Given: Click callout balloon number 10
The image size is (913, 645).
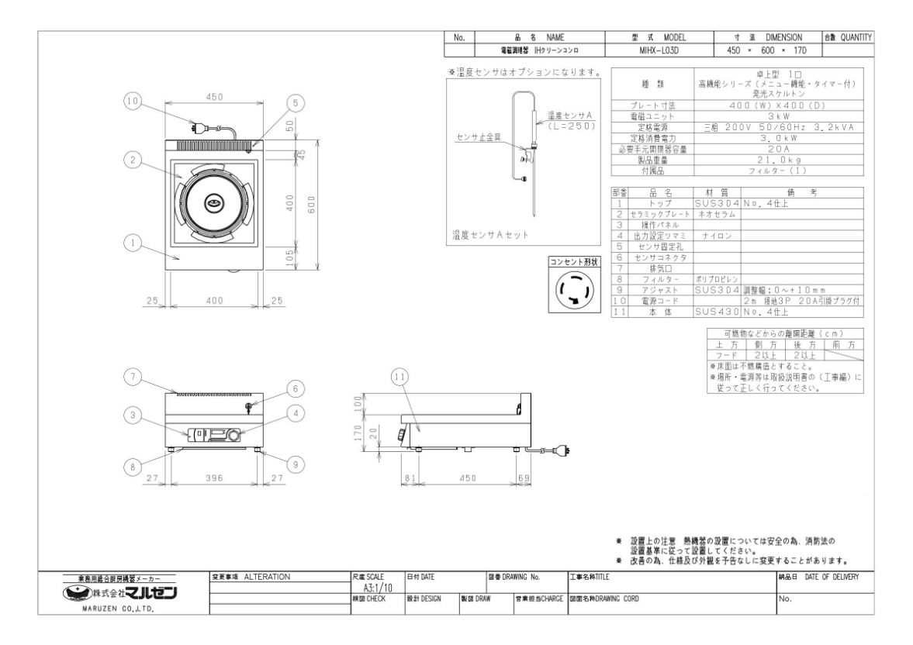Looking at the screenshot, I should click(x=133, y=102).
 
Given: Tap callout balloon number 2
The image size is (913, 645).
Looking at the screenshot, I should click(x=133, y=160).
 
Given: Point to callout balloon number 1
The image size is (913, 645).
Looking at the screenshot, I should click(x=133, y=243).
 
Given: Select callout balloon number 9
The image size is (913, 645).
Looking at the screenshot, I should click(x=296, y=465).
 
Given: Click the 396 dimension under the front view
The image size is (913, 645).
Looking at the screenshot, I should click(x=214, y=478).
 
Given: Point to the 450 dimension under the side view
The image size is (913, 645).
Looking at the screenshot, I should click(x=467, y=478).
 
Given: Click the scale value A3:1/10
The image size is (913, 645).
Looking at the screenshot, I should click(x=376, y=589).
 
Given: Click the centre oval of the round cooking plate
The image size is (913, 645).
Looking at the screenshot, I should click(x=215, y=202).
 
